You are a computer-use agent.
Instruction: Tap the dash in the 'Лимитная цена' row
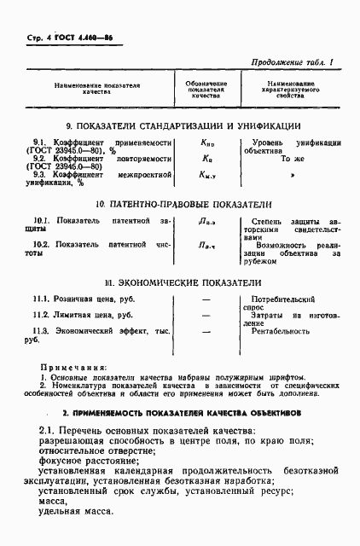click(206, 316)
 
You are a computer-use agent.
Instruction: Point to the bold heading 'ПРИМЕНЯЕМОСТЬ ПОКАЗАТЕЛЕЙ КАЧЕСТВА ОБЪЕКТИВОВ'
click(183, 410)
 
